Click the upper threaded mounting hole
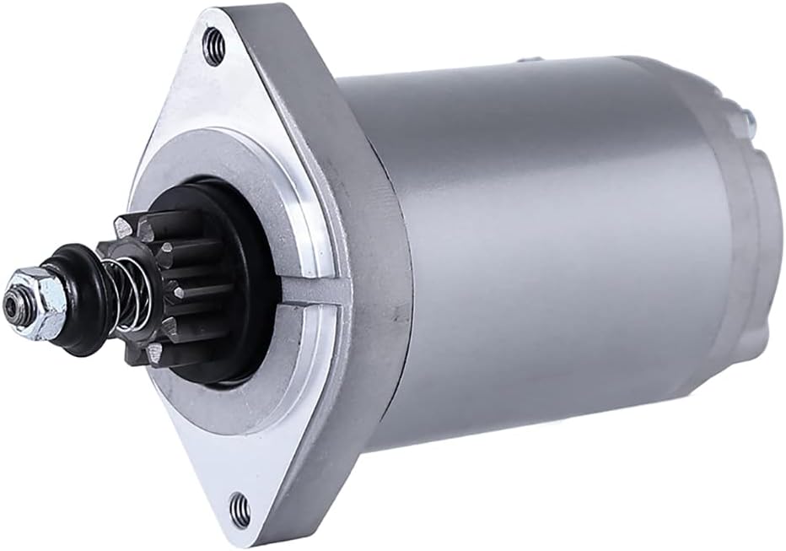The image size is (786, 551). pos(214,46)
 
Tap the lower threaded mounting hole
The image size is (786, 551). pos(240,508)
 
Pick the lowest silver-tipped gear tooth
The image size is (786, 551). pos(153,354)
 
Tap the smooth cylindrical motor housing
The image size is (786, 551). pos(540,253)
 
